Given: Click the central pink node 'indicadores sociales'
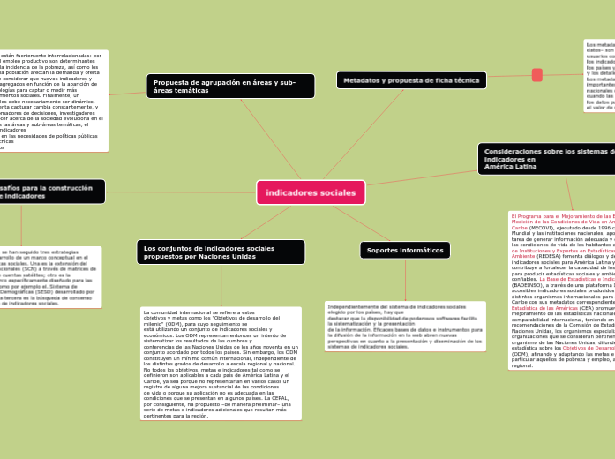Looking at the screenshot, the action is coord(311,192).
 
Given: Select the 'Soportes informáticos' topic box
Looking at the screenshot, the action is coord(405,251).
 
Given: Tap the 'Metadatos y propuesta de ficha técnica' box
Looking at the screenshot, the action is coord(410,80).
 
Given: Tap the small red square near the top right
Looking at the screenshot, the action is coord(537,75).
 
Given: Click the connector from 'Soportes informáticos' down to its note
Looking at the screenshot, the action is coord(405,281).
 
